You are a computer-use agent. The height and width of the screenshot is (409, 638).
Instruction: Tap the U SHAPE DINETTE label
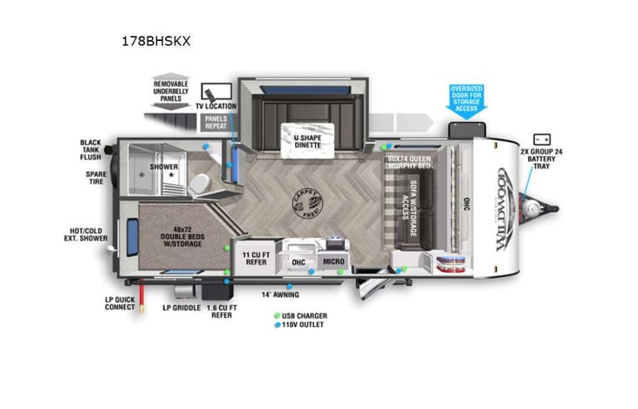point(300,140)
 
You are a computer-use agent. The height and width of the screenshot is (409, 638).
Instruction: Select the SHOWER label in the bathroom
point(163,167)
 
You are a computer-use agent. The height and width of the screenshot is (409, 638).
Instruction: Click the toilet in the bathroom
point(199,181)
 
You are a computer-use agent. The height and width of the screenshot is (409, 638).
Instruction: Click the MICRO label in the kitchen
point(333,261)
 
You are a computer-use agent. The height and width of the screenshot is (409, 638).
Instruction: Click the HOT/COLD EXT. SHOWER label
point(89,236)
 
